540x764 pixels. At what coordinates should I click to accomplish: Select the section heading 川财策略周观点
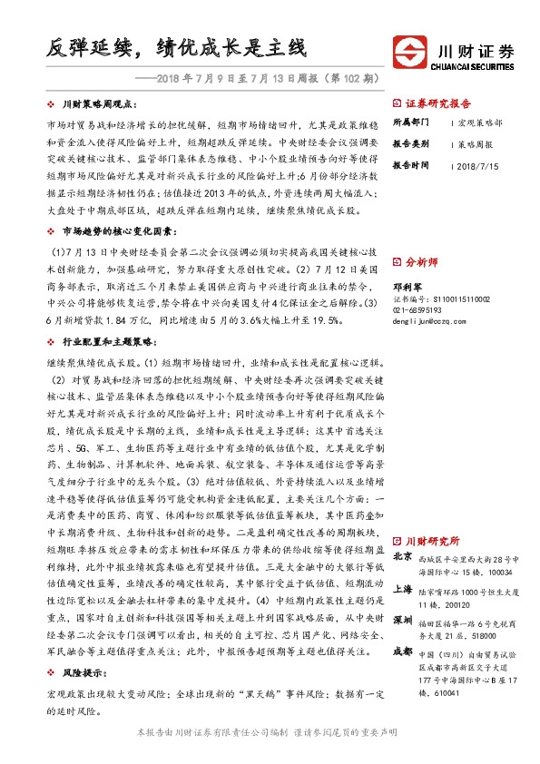tap(100, 105)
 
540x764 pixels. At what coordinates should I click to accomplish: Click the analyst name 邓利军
tap(406, 283)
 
